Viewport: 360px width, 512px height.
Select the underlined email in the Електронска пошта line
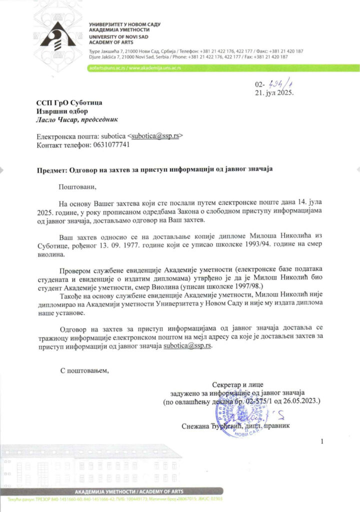click(155, 136)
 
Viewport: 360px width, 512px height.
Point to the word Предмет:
click(51, 170)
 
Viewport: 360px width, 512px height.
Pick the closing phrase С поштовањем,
click(84, 370)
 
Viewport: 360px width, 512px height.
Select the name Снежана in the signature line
click(198, 426)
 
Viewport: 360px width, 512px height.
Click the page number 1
click(322, 441)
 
